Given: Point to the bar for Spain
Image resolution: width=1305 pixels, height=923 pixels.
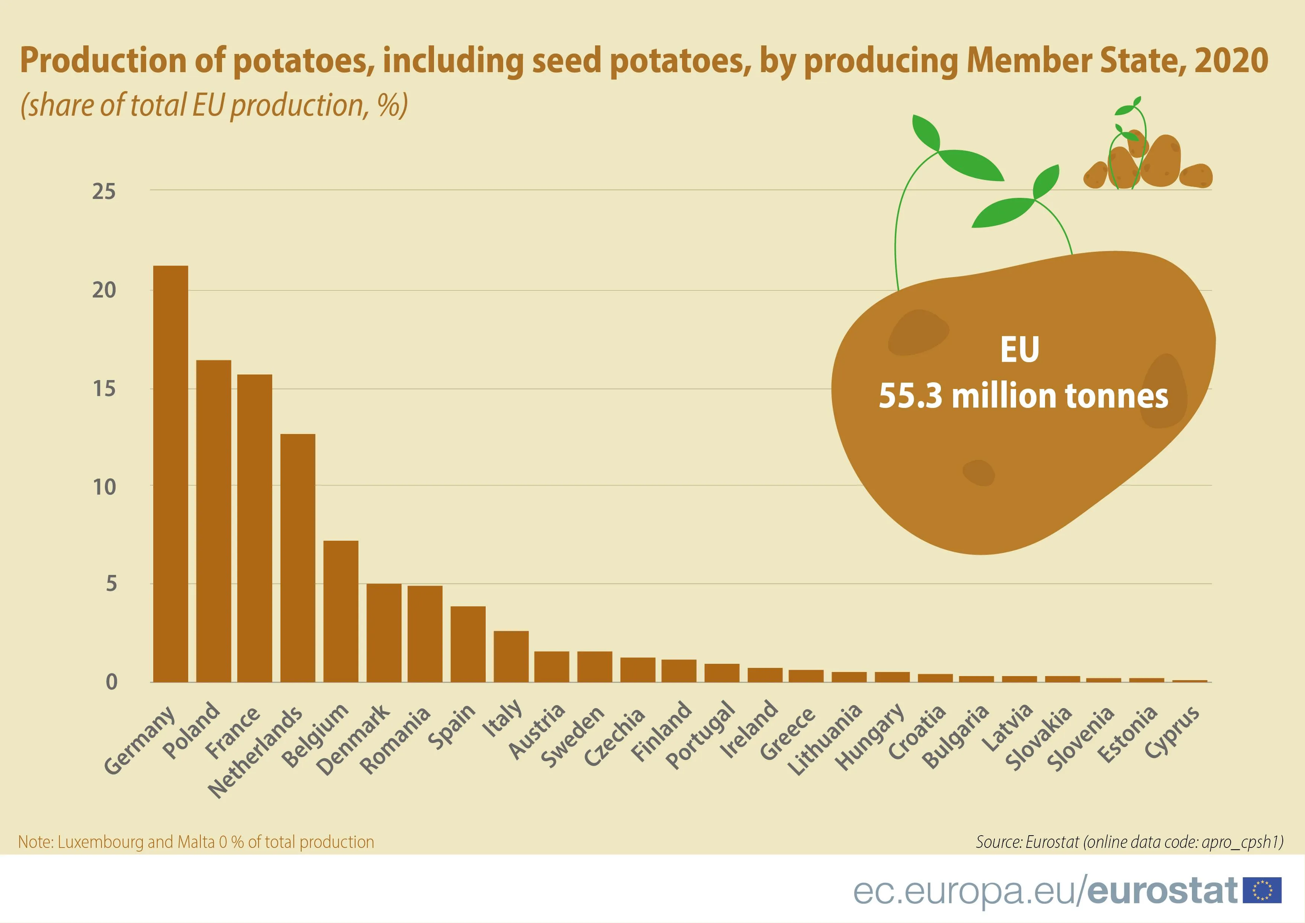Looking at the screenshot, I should pyautogui.click(x=468, y=644).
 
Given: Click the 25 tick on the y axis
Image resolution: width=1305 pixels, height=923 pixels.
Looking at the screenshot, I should pyautogui.click(x=104, y=192).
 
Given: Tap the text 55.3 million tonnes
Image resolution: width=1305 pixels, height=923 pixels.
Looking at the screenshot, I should pyautogui.click(x=1023, y=396).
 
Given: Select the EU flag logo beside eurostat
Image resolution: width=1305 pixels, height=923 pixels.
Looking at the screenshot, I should pyautogui.click(x=1262, y=890).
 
